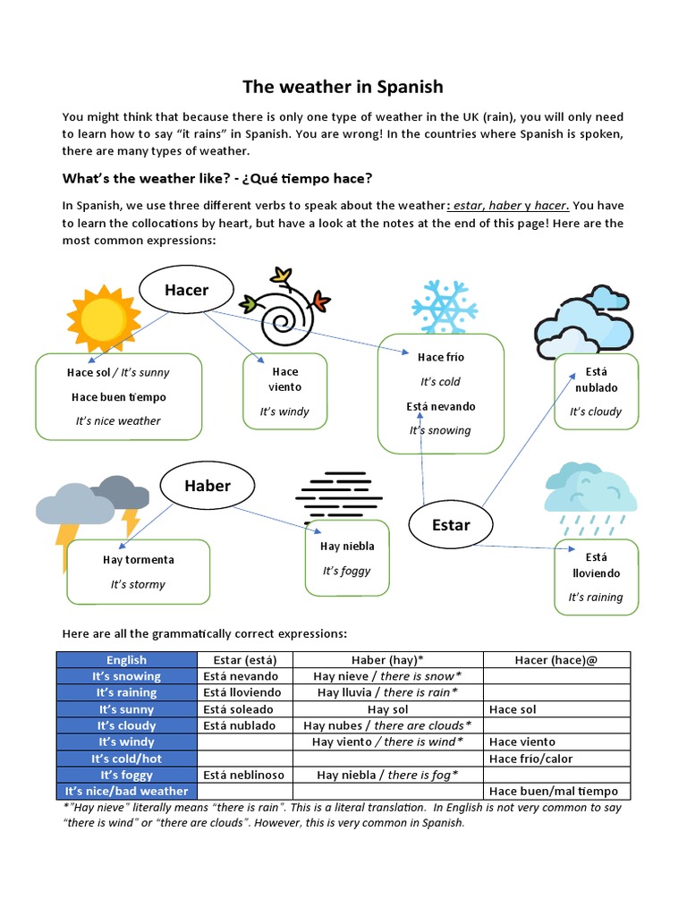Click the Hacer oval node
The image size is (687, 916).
[186, 290]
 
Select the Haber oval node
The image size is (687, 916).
[207, 486]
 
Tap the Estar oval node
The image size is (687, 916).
[450, 525]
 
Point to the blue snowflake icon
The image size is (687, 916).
[444, 306]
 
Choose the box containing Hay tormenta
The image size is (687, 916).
[138, 572]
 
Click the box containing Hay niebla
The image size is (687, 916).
[347, 557]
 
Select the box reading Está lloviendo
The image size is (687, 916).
[596, 577]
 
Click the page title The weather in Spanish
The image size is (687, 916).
[343, 87]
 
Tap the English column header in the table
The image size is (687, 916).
[126, 660]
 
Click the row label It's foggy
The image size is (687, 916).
[126, 775]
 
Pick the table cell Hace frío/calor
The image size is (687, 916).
[557, 759]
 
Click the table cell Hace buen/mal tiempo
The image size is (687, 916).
[557, 791]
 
